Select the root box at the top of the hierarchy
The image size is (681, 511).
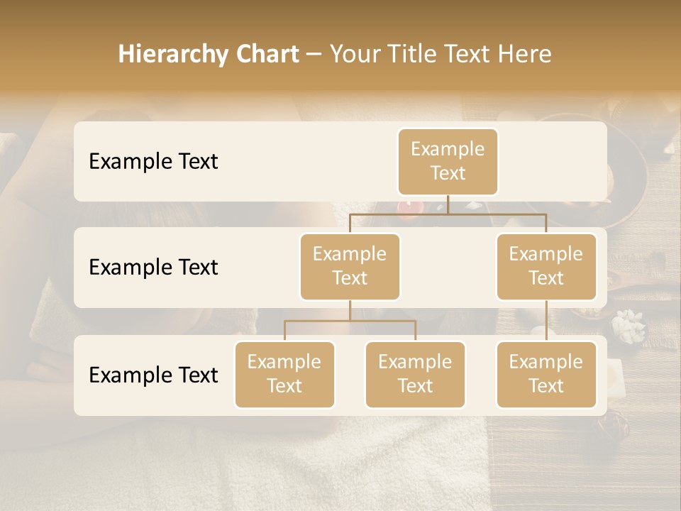[x=448, y=161]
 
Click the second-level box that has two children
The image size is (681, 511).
[x=350, y=266]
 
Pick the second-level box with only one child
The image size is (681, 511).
[x=546, y=266]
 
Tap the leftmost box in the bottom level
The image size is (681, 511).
[x=284, y=374]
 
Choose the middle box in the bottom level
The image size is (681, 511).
[x=415, y=374]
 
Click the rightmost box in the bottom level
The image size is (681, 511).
[x=546, y=374]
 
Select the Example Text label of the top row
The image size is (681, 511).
[x=153, y=162]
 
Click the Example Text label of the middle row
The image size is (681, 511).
[x=153, y=268]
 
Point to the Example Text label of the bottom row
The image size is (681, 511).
[x=153, y=375]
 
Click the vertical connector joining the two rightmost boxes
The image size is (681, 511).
[x=546, y=321]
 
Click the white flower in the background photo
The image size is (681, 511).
[x=627, y=325]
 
